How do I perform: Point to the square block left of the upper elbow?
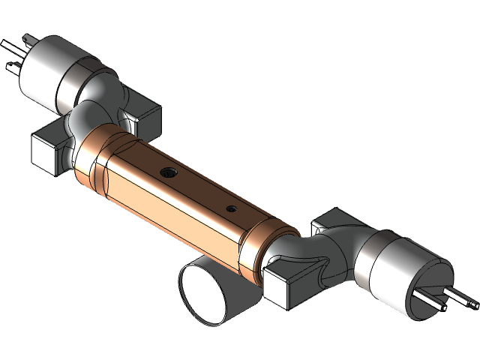[x=49, y=150]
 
